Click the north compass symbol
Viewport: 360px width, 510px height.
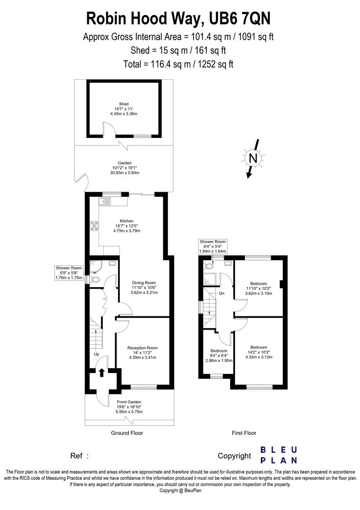[253, 159]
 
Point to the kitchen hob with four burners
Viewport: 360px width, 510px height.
[93, 226]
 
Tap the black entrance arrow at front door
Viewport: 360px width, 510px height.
[101, 372]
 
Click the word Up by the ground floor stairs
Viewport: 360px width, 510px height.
[96, 354]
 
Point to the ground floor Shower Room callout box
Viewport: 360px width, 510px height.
[69, 273]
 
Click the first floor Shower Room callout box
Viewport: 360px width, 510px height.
[213, 246]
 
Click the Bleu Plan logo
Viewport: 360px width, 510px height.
[279, 455]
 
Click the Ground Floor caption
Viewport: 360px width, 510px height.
[126, 433]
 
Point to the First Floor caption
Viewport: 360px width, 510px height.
[244, 433]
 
